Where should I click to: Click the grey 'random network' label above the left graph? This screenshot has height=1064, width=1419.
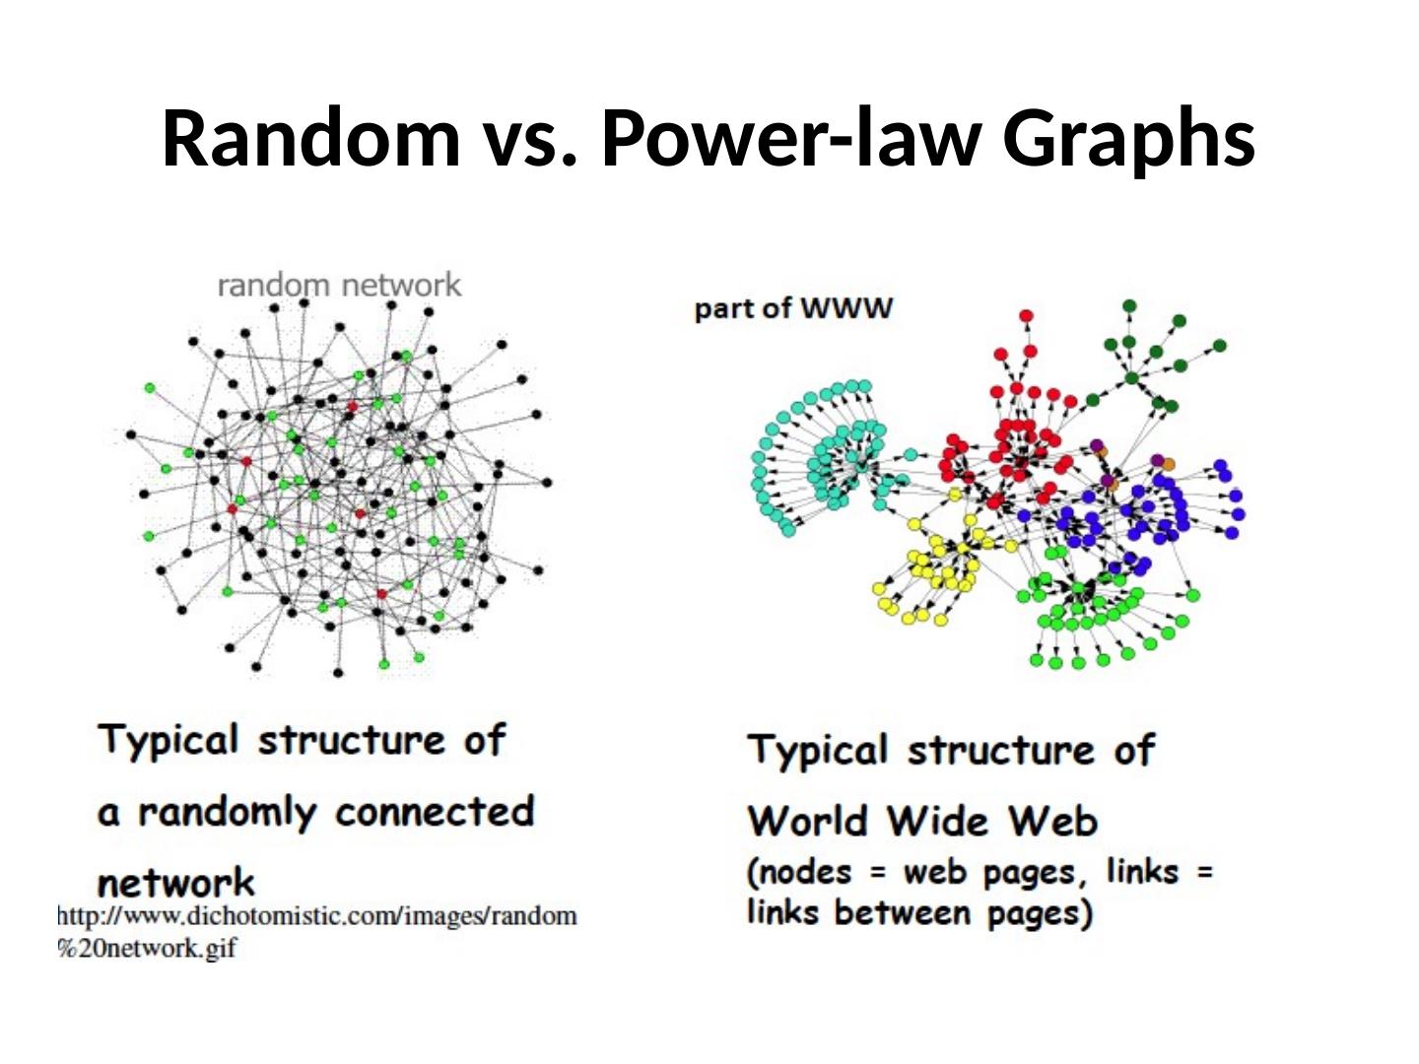point(338,286)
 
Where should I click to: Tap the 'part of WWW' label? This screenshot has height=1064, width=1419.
point(793,308)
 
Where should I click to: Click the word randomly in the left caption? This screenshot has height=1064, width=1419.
point(227,812)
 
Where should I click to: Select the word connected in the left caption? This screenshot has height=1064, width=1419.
point(434,812)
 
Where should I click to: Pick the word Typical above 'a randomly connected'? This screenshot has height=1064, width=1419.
point(168,740)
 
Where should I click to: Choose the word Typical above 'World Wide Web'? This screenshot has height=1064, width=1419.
point(818,751)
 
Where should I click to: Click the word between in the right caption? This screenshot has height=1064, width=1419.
point(902,913)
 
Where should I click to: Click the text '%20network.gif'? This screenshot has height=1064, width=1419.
point(148,948)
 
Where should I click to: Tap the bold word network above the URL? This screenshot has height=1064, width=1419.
point(175,882)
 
